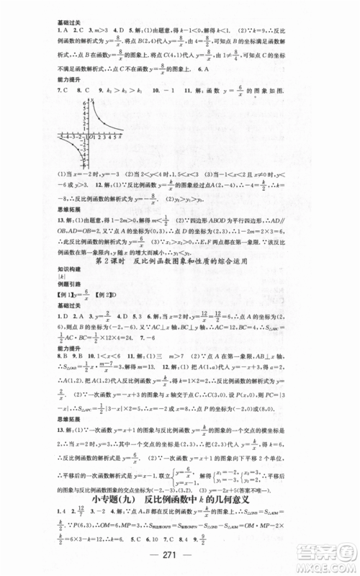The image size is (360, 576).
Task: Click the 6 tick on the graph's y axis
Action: [x=84, y=103]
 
